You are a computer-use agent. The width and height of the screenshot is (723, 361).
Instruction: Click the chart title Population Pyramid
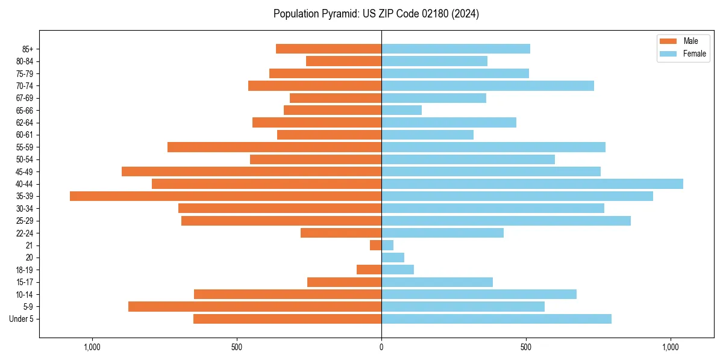coord(376,14)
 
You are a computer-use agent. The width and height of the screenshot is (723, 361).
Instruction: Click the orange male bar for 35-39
coord(225,196)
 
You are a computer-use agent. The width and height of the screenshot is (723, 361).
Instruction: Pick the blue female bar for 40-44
coord(532,184)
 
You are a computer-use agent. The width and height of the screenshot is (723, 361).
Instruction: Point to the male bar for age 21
coord(375,245)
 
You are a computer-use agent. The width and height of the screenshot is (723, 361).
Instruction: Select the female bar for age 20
coord(393,258)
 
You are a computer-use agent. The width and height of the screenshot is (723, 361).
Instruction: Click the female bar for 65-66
coord(401,110)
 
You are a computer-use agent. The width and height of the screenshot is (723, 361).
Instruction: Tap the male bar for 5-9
coord(255,307)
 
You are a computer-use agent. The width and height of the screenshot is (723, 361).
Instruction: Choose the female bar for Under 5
coord(496,319)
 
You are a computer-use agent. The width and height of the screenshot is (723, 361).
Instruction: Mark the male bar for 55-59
coord(274,147)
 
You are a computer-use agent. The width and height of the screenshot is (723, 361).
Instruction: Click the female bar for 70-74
coord(487,85)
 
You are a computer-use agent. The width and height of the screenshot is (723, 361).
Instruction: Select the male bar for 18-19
coord(369,270)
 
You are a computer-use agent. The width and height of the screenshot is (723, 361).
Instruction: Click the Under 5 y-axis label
coord(21,319)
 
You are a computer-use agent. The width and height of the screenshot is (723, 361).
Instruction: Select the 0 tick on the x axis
coord(381,347)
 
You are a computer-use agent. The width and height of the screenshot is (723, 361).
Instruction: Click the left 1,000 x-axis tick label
coord(92,347)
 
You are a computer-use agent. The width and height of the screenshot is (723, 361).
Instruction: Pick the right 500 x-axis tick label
coord(526,347)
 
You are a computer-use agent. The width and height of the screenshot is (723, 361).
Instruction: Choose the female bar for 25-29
coord(506,221)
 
